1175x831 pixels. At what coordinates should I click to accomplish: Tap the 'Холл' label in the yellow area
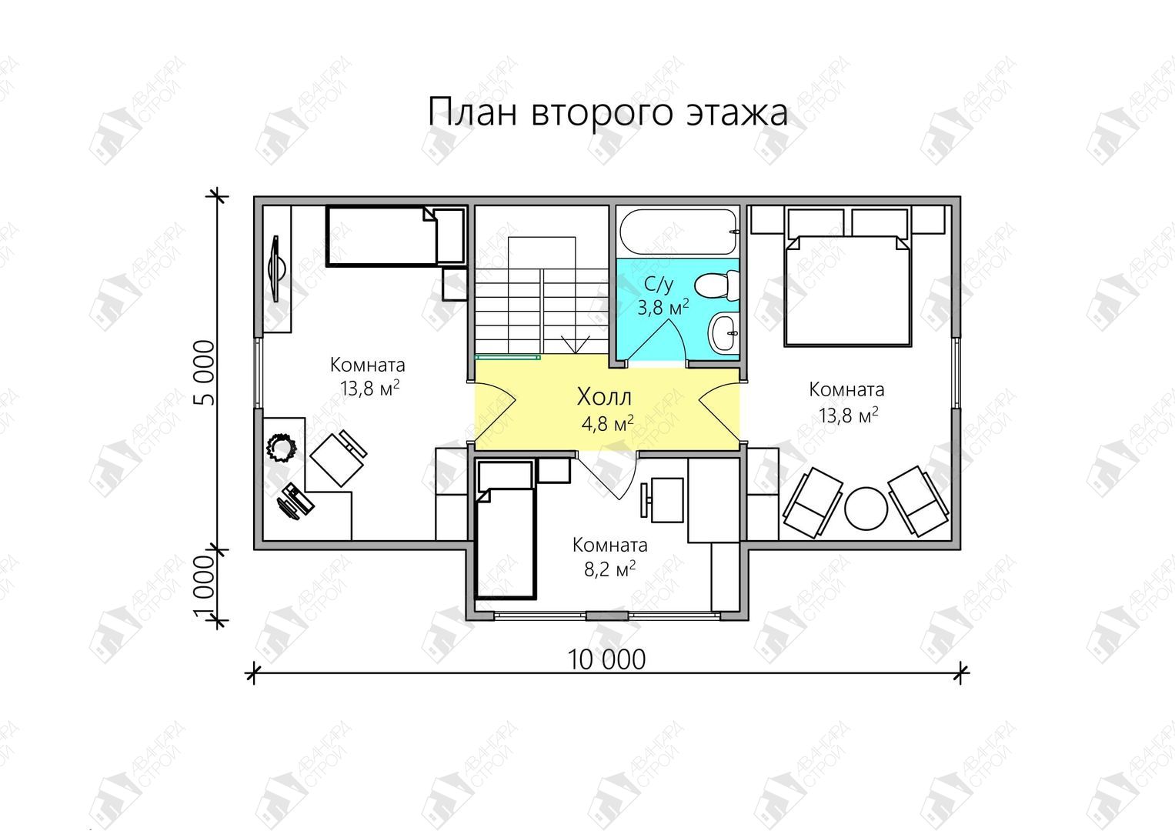tap(604, 397)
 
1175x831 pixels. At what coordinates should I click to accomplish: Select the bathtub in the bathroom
tap(679, 232)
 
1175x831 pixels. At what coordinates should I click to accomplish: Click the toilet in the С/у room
tap(717, 286)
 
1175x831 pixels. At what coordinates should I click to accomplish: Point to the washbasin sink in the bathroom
tap(724, 332)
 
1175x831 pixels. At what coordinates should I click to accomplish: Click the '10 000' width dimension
tap(606, 659)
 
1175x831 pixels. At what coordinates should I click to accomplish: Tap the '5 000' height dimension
tap(205, 372)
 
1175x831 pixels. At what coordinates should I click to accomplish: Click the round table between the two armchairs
tap(866, 509)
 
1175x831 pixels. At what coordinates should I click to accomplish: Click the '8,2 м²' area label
tap(609, 569)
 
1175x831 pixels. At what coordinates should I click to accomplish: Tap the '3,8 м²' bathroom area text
tap(663, 308)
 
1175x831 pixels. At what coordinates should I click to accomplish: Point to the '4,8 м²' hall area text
tap(607, 423)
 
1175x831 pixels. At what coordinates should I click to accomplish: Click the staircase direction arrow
tap(576, 345)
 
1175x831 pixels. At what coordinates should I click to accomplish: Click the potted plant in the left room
tap(281, 448)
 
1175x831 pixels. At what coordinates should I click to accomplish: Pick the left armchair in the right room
tap(813, 502)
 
